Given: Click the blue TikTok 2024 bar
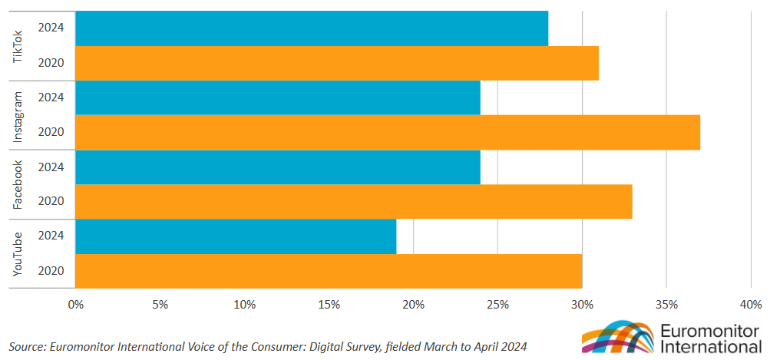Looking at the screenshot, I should (312, 28).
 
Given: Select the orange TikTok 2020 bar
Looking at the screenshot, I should (337, 63).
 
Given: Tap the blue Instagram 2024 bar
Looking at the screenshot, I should (278, 97).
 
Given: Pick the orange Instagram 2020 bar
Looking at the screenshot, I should (388, 132).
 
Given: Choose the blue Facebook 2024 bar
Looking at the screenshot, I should (278, 167).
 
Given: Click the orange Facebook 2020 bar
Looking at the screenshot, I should (354, 201).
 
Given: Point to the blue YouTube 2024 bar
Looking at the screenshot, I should (236, 236).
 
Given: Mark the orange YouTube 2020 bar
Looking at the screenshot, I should (329, 270).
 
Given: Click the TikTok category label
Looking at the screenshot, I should (19, 45).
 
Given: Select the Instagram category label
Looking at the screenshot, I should (19, 115).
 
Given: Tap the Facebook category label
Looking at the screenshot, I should (19, 184).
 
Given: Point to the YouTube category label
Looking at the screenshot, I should (19, 253).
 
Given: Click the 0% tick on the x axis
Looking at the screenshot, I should (75, 305).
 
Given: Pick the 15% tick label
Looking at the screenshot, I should (329, 305).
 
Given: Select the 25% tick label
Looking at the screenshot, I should (497, 305).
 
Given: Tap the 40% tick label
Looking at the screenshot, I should (750, 305).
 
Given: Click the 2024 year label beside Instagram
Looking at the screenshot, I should (51, 97).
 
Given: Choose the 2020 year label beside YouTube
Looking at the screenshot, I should (51, 270).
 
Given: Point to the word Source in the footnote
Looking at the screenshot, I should (26, 346).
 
